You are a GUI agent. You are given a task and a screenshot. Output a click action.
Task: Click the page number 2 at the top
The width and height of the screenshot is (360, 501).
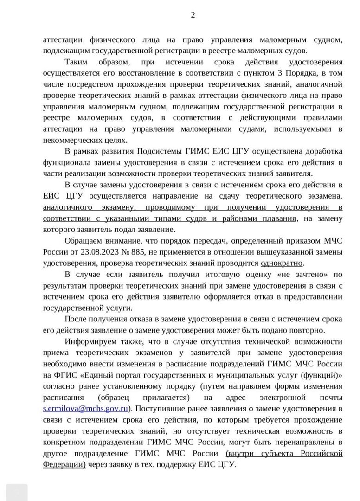pyautogui.click(x=193, y=14)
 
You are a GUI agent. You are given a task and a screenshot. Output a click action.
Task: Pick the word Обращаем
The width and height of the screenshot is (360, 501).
pyautogui.click(x=85, y=241)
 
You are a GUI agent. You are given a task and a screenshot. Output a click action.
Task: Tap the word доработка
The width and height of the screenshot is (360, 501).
pyautogui.click(x=318, y=152)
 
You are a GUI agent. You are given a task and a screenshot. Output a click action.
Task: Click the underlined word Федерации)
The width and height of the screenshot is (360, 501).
pyautogui.click(x=64, y=464)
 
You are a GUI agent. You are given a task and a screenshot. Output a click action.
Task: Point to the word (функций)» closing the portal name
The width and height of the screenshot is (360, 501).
pyautogui.click(x=321, y=376)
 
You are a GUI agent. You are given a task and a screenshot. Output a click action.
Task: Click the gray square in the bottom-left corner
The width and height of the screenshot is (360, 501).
pyautogui.click(x=17, y=493)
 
